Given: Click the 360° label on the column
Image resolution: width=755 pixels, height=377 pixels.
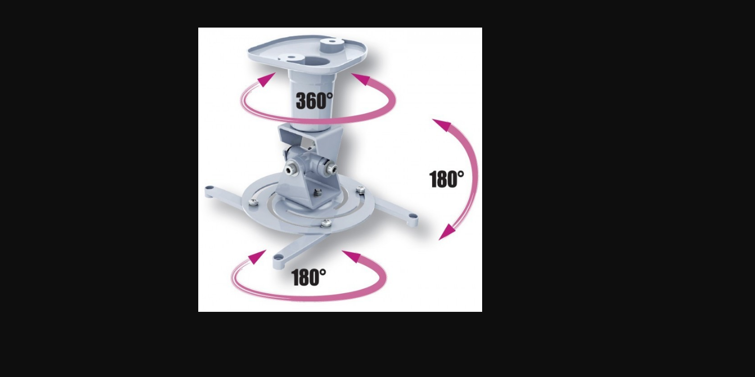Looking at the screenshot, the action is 314,101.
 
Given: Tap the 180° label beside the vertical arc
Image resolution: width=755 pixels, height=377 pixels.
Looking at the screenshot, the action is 447,179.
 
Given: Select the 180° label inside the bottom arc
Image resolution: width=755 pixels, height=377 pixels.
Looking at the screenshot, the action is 309,277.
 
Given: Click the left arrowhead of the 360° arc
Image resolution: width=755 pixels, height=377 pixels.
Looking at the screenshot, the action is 266,80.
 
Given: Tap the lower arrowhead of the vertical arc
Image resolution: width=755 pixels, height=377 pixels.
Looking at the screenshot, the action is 447,233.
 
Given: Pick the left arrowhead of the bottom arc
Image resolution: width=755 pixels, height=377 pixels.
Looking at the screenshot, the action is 257,257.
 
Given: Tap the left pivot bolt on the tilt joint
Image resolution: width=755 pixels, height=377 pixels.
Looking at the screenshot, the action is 289,169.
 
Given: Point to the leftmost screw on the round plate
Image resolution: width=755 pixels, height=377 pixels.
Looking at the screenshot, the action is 254,203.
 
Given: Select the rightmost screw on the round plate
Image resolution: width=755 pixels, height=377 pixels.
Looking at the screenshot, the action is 360,190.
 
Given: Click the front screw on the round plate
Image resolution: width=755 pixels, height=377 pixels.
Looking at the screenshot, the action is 326,223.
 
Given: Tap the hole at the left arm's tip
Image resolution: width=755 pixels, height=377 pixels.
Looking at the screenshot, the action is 209,187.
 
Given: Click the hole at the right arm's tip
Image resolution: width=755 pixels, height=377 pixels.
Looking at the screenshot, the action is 413,216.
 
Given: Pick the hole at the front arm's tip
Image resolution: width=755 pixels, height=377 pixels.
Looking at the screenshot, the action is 278,258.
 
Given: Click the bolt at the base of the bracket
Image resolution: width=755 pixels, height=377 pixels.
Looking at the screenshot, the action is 317,193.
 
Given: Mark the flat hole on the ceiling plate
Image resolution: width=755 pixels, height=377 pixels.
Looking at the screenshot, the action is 290,58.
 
